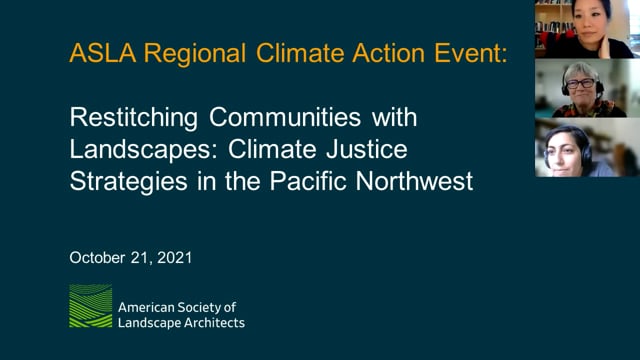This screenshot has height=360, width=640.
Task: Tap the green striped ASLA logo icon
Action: [90, 307]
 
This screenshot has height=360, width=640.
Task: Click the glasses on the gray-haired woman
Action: [580, 85]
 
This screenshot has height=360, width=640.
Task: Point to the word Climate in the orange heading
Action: [286, 54]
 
